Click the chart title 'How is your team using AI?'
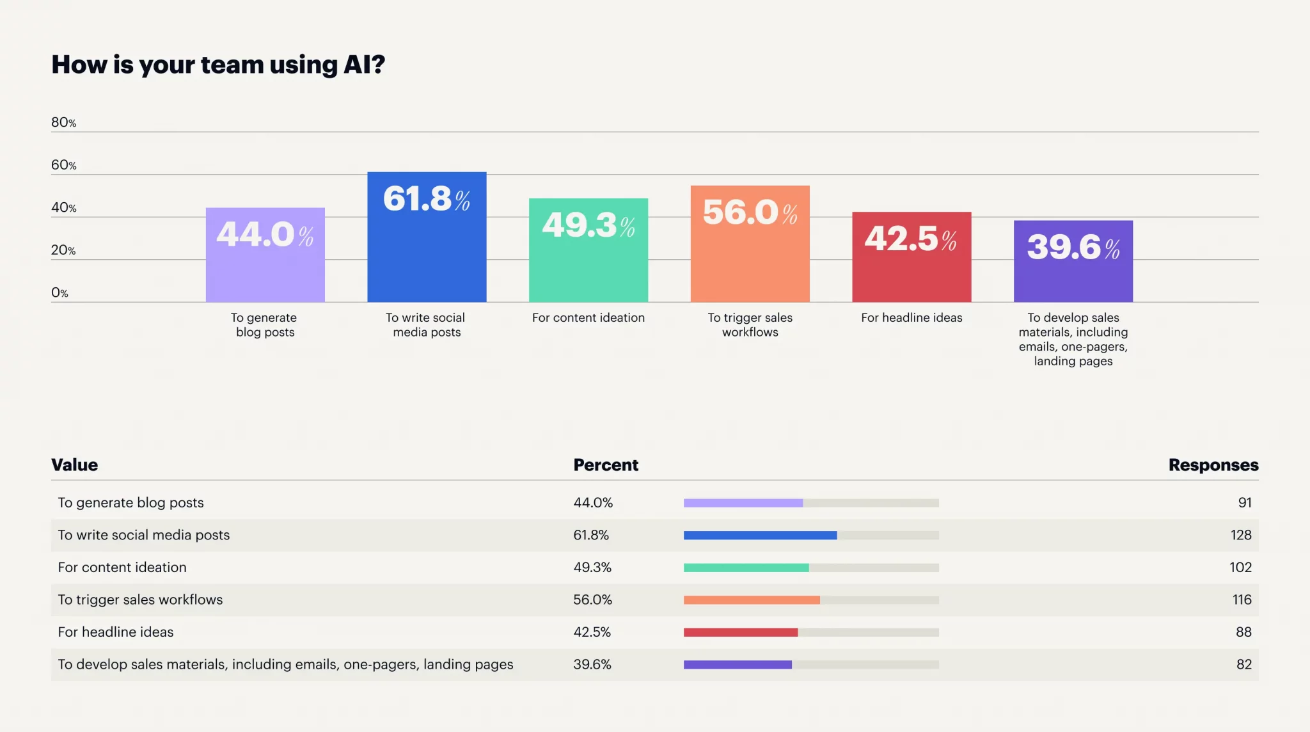[218, 65]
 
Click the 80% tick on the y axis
[63, 122]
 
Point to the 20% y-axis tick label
[63, 250]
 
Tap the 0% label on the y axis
[59, 292]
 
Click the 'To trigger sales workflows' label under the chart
[750, 324]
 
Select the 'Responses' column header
[1213, 465]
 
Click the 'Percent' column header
[605, 465]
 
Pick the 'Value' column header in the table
[74, 465]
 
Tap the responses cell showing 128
[1240, 535]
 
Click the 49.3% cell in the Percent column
[592, 567]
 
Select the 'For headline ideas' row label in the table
[115, 632]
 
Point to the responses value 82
[1243, 664]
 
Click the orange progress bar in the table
[751, 600]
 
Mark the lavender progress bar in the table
[743, 503]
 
